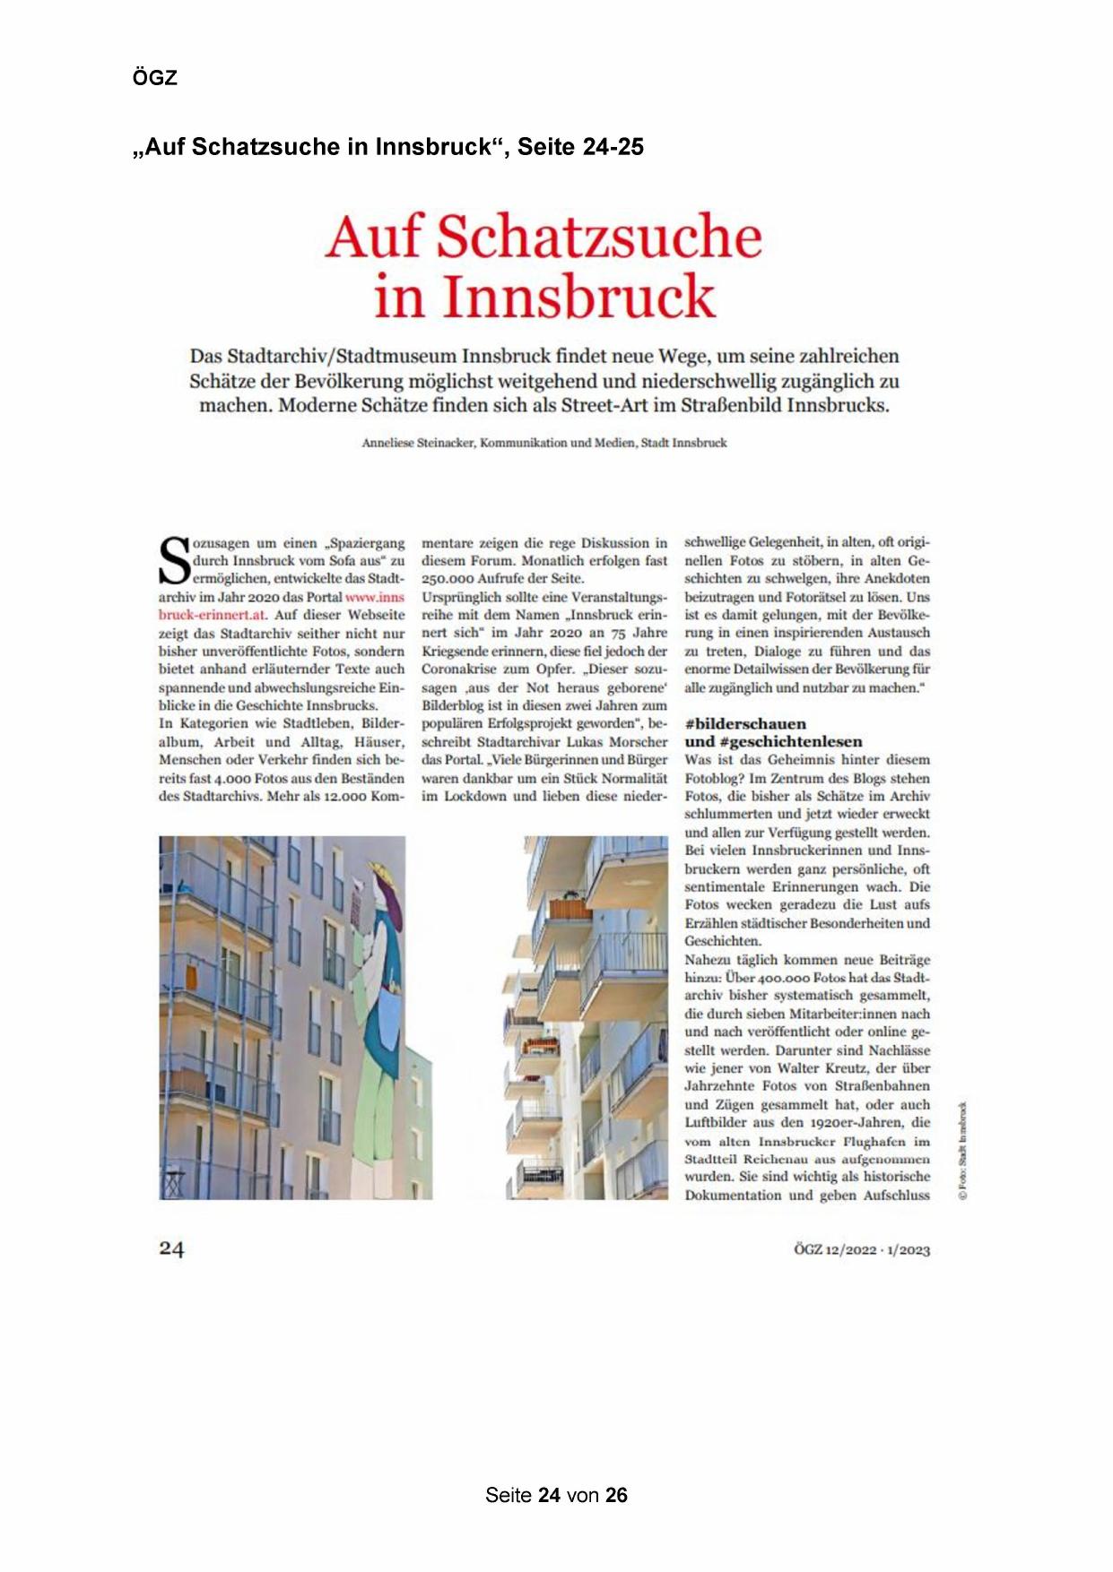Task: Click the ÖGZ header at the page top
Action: (x=155, y=78)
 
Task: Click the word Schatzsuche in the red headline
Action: (x=599, y=238)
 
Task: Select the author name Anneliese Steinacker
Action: (x=418, y=443)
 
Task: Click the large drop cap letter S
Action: (x=175, y=561)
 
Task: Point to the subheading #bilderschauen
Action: (x=745, y=724)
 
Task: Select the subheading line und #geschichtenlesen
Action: (x=773, y=742)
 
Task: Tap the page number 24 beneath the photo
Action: (x=172, y=1248)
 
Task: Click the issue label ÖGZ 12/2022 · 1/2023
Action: (x=861, y=1250)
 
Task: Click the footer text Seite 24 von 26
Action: (x=556, y=1495)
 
